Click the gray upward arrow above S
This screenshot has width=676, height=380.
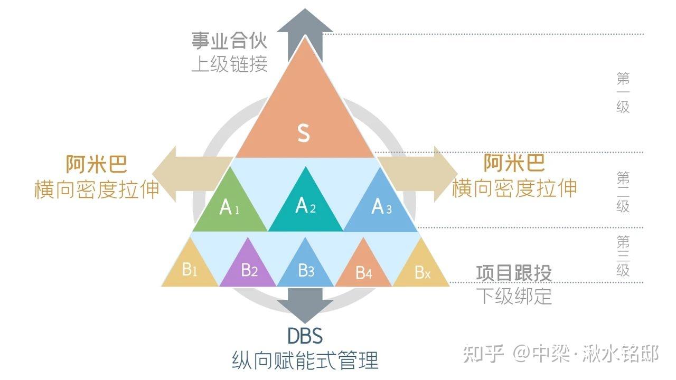[305, 26]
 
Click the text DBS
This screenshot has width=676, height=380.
[305, 336]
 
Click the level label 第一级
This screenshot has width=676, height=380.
[623, 93]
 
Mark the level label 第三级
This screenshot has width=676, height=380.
[623, 256]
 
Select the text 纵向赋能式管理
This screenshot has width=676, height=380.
[305, 360]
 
